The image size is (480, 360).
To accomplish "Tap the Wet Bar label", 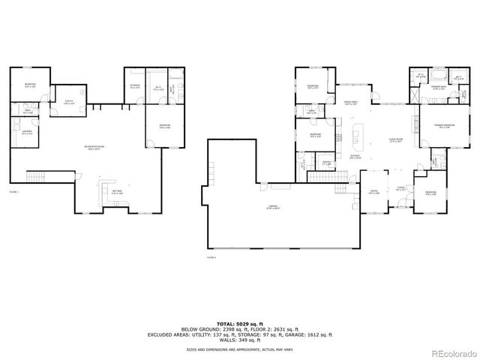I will click(118, 193).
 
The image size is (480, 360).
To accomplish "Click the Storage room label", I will click(135, 85).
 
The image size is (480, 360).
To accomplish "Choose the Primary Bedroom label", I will click(437, 126).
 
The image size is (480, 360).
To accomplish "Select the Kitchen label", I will click(352, 157).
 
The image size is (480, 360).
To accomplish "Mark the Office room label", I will click(373, 191).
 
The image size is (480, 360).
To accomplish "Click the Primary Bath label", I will click(429, 88).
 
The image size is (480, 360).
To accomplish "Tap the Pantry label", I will click(328, 163).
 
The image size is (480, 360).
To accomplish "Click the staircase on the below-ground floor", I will click(36, 177).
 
